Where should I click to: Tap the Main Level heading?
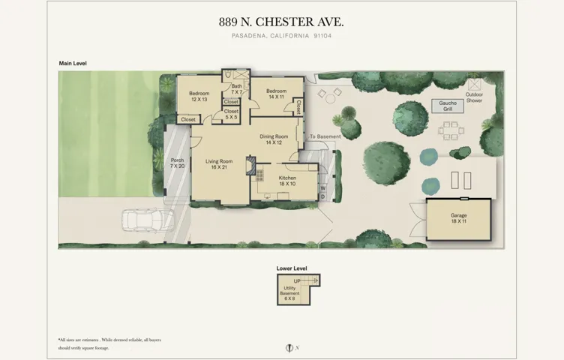click(x=73, y=64)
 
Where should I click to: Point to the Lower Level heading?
click(x=292, y=267)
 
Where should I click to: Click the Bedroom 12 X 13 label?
click(x=199, y=96)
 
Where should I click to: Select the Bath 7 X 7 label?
click(x=236, y=89)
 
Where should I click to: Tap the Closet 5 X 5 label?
click(x=231, y=114)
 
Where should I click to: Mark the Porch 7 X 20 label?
click(x=177, y=163)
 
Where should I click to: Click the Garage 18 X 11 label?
click(x=458, y=219)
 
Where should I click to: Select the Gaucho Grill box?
click(x=447, y=106)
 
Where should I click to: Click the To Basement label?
click(x=325, y=136)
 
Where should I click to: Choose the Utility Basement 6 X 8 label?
click(x=290, y=295)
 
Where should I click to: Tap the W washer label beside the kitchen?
click(x=322, y=187)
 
